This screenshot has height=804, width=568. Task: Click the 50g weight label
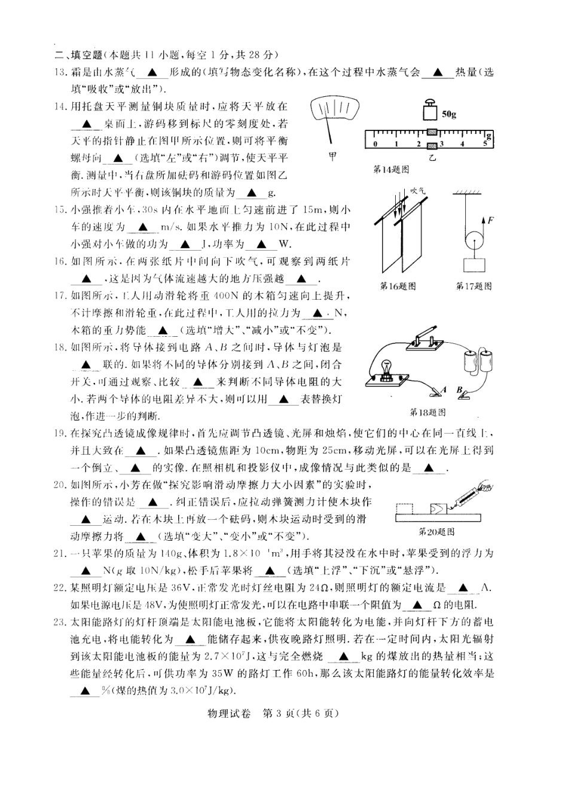point(448,114)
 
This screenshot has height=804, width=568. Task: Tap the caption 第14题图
point(391,170)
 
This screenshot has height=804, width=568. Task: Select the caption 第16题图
point(398,286)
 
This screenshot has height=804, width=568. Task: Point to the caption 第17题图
point(474,286)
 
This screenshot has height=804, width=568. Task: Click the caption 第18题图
point(427,412)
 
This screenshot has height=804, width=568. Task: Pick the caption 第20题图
point(436,531)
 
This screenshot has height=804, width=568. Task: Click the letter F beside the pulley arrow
point(490,220)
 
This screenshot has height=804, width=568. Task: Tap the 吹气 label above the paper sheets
point(418,191)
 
